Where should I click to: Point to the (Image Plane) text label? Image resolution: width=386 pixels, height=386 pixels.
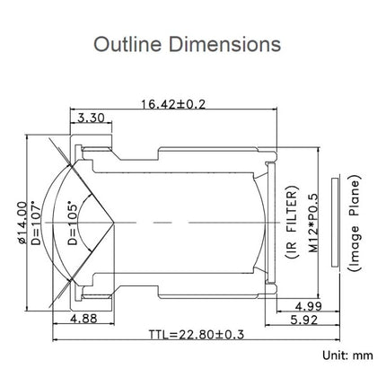tap(356, 221)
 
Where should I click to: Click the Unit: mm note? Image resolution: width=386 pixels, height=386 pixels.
tap(345, 355)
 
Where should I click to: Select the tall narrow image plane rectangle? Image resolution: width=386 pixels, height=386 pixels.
tap(335, 221)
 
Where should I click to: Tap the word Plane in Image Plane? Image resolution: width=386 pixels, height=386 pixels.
tap(356, 196)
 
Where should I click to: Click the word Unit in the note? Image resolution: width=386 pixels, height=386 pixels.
tap(332, 355)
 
